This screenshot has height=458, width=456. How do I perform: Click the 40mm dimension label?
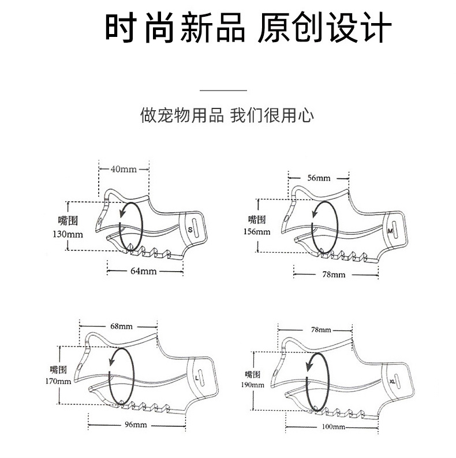124,169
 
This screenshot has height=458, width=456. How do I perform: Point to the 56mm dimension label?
319,178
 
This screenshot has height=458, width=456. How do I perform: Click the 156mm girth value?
259,232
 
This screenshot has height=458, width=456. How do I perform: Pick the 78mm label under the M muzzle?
333,274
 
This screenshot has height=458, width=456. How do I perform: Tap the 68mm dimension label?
120,326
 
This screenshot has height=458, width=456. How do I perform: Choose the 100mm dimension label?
333,427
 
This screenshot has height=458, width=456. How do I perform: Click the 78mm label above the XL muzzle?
321,329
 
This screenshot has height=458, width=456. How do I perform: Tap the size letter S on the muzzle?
190,229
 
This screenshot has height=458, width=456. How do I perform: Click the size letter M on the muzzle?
390,231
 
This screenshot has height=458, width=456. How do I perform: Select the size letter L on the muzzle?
197,378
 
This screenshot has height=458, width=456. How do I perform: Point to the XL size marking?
393,381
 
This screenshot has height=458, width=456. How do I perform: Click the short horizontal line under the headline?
223,91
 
